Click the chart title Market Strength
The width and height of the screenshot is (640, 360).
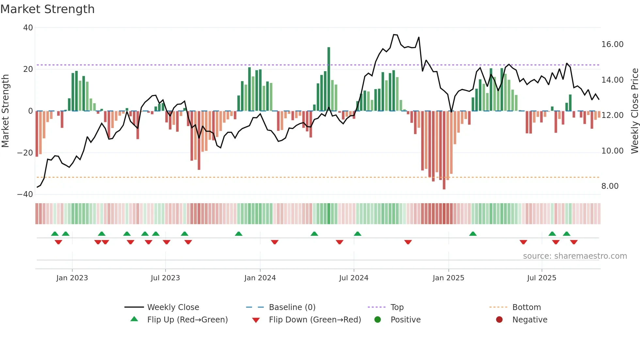[47, 9]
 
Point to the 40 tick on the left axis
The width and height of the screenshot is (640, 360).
[28, 28]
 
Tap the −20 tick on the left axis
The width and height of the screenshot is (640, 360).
[25, 153]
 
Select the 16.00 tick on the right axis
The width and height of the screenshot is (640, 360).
[612, 44]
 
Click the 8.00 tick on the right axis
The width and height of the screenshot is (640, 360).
[610, 186]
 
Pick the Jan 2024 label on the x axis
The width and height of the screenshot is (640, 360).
[260, 278]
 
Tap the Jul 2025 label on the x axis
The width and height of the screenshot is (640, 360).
[541, 278]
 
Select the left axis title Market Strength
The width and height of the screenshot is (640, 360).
[6, 111]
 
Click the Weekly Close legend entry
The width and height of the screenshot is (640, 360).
[173, 307]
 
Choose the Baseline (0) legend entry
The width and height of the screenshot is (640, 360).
[292, 307]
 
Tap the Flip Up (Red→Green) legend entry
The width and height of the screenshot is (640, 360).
[187, 320]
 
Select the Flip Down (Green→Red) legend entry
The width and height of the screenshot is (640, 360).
[315, 320]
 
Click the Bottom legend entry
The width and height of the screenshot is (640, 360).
[526, 307]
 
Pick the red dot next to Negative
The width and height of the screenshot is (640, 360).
[499, 320]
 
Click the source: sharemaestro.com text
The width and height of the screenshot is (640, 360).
[575, 256]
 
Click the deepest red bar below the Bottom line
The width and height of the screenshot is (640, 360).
[444, 150]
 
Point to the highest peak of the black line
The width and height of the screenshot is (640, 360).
[394, 35]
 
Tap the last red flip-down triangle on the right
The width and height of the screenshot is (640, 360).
[574, 242]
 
